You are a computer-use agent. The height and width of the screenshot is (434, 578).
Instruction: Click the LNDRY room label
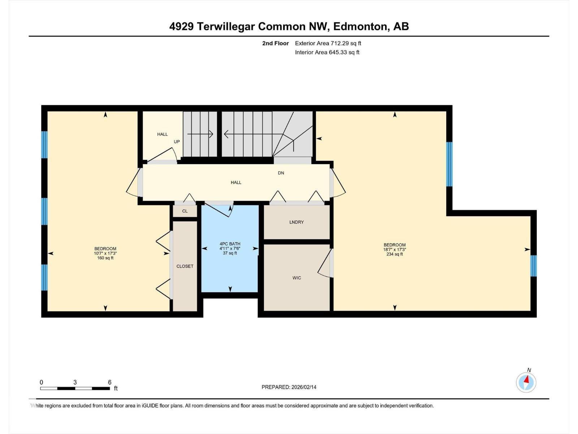point(296,222)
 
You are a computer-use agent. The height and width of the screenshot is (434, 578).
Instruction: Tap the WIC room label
point(297,278)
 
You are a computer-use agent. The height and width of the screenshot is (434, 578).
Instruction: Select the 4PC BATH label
point(230,244)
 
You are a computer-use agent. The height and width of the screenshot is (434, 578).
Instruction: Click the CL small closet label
point(185,211)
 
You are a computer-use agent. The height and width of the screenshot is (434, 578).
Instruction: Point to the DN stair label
point(281,173)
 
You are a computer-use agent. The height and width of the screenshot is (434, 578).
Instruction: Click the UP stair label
point(177,141)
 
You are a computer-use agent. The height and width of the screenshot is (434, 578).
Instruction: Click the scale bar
point(75,388)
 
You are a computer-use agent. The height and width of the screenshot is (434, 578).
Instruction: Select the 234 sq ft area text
point(394,254)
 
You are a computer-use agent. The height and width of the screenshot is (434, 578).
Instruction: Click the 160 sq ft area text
point(105,258)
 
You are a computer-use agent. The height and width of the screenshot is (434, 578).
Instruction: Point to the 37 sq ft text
point(230,253)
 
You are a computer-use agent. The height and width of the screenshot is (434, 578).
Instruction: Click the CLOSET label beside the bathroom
point(185,266)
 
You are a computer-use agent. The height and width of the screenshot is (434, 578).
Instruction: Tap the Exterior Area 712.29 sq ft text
point(328,43)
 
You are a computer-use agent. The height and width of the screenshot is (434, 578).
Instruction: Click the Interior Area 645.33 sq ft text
point(327,52)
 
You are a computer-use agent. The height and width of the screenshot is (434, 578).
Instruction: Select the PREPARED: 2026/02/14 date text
point(289,387)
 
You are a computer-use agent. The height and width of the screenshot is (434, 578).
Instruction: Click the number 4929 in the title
point(181,27)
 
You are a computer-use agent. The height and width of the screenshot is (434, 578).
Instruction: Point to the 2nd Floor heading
point(275,43)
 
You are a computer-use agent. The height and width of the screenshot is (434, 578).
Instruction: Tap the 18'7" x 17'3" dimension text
point(394,250)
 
